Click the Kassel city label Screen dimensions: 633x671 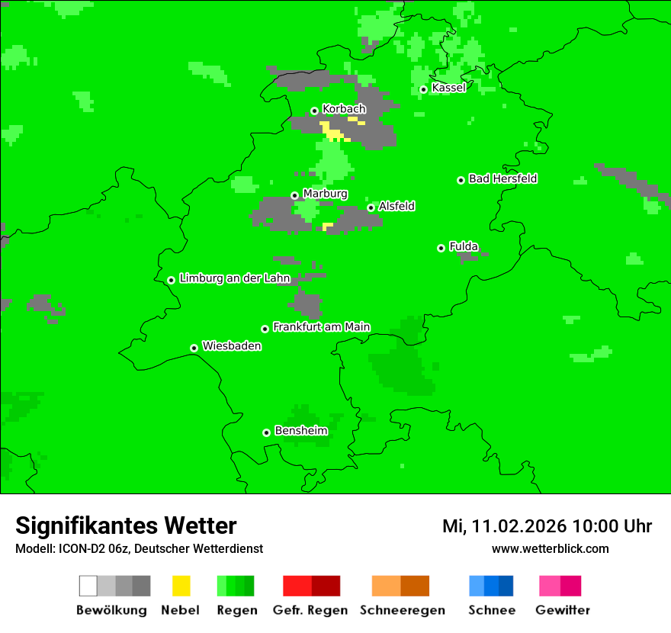(448, 88)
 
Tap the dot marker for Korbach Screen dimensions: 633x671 (314, 111)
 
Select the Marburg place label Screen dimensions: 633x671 (325, 194)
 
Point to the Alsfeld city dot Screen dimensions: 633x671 (371, 207)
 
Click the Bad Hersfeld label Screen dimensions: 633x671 (502, 179)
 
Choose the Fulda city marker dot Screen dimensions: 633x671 (441, 248)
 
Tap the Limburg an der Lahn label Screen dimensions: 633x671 (235, 279)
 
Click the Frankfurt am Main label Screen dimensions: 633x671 (321, 327)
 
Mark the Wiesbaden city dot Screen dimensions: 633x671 (194, 348)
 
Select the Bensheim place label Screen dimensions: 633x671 (300, 431)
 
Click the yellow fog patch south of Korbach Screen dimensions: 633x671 (333, 133)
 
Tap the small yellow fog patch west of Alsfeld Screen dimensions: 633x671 (328, 226)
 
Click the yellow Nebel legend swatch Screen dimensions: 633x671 (181, 586)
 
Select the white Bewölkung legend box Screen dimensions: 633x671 (88, 586)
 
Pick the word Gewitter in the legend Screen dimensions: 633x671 (563, 610)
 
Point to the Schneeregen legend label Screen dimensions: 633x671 (403, 610)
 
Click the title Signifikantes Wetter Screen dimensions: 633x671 (126, 526)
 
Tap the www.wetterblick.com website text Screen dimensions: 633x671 (550, 548)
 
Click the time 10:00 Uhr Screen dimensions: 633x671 (612, 526)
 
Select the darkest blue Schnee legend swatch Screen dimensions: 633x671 (506, 586)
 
